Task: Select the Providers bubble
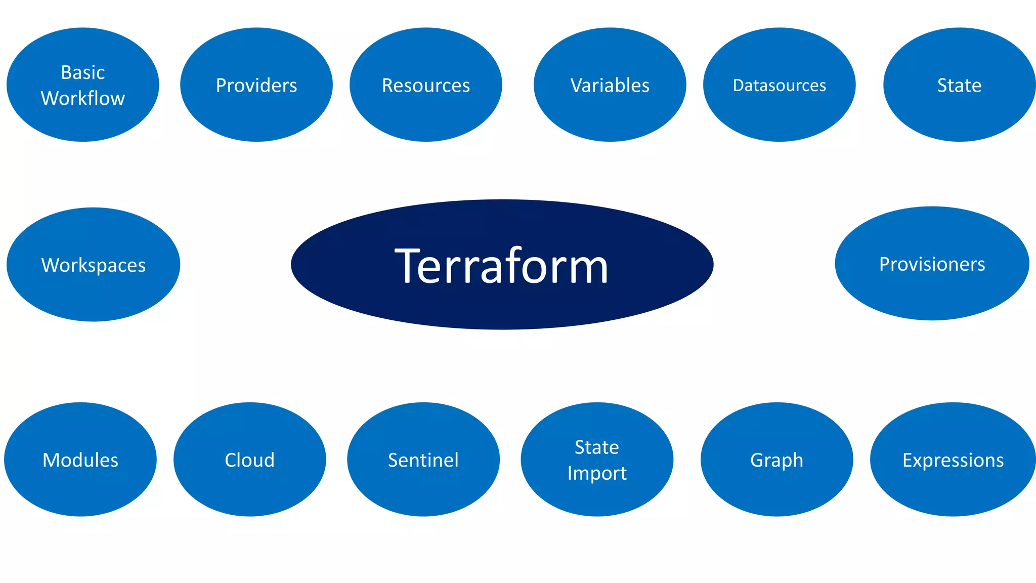pyautogui.click(x=256, y=85)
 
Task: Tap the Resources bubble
pyautogui.click(x=425, y=85)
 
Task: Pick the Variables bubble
pyautogui.click(x=610, y=85)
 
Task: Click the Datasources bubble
pyautogui.click(x=779, y=85)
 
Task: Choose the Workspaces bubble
pyautogui.click(x=93, y=265)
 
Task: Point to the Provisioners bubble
pyautogui.click(x=932, y=264)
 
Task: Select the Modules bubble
pyautogui.click(x=80, y=460)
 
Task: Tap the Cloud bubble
pyautogui.click(x=249, y=460)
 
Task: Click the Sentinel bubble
pyautogui.click(x=423, y=460)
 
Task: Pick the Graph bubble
pyautogui.click(x=776, y=460)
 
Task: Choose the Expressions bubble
pyautogui.click(x=953, y=460)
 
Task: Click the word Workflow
pyautogui.click(x=83, y=98)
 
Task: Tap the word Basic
pyautogui.click(x=83, y=72)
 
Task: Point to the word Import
pyautogui.click(x=597, y=473)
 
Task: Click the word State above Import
pyautogui.click(x=597, y=447)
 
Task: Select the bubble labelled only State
pyautogui.click(x=959, y=85)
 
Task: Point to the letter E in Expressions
pyautogui.click(x=908, y=460)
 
